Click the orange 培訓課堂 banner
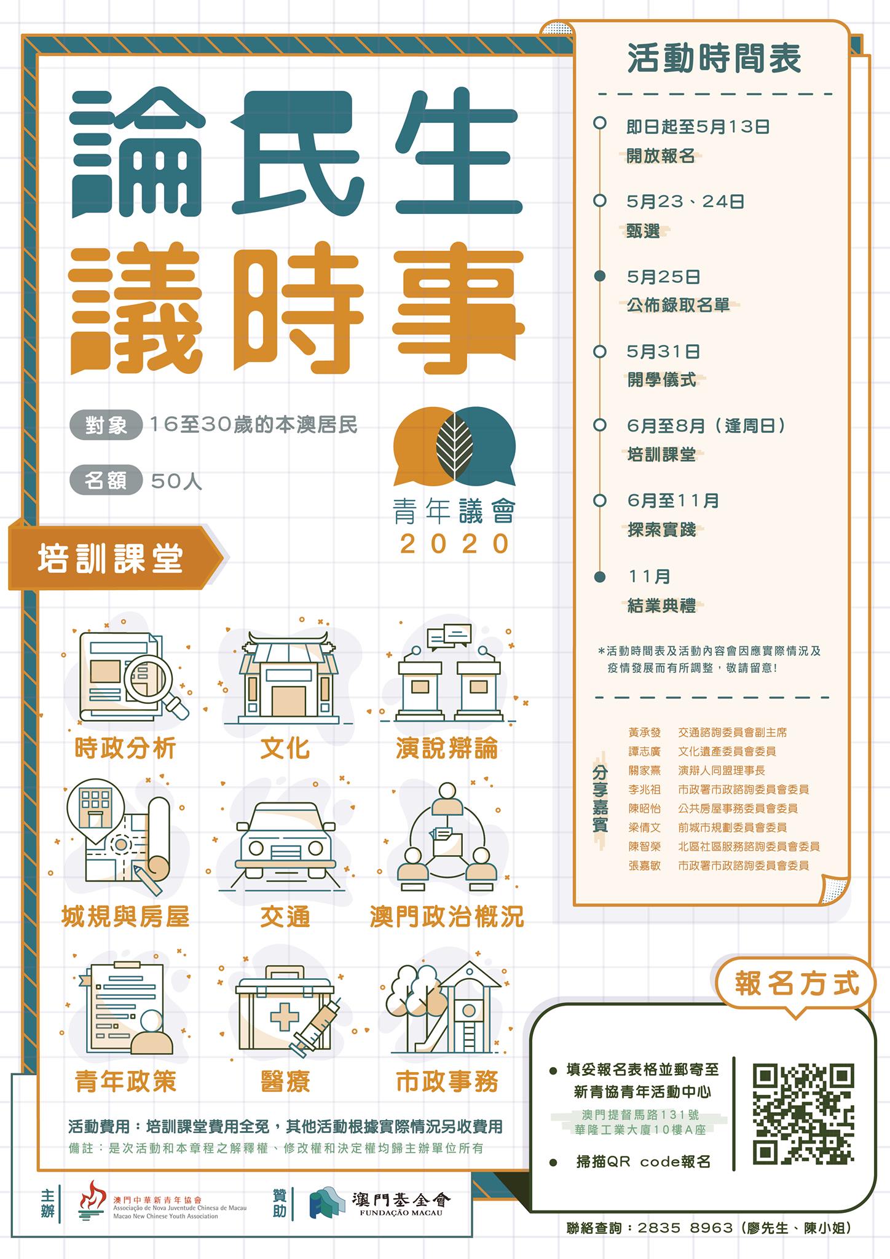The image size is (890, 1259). (x=114, y=558)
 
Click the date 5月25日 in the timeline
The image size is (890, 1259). (x=663, y=277)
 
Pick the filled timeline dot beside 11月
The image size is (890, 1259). (x=600, y=577)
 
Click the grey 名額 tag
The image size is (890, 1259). (x=106, y=481)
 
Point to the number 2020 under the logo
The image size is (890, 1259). (x=455, y=543)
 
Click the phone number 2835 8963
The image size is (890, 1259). (x=685, y=1228)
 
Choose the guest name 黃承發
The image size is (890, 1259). (x=644, y=733)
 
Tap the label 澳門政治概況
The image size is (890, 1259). (x=446, y=917)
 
